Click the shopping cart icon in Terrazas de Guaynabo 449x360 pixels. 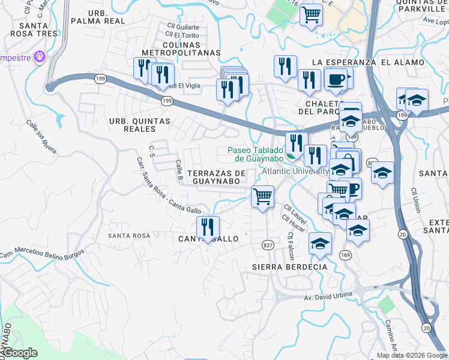click(x=263, y=196)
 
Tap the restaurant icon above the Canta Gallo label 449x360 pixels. click(x=208, y=227)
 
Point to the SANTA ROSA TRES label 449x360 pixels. click(x=38, y=29)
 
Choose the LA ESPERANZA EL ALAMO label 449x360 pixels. click(x=368, y=62)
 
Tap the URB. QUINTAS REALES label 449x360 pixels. click(x=139, y=125)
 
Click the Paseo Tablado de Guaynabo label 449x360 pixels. click(x=255, y=154)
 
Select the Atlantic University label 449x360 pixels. click(x=297, y=171)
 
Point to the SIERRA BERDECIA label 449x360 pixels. click(x=290, y=266)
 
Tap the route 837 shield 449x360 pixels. click(x=268, y=245)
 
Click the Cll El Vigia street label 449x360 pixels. click(x=184, y=86)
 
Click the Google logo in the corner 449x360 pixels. click(x=19, y=353)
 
